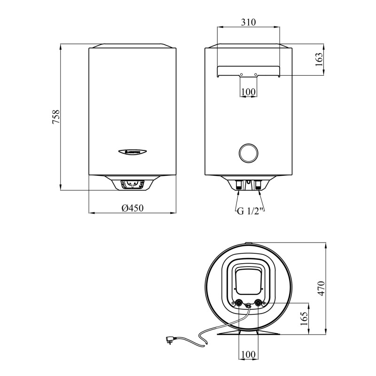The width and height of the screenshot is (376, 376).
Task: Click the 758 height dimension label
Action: click(x=55, y=117)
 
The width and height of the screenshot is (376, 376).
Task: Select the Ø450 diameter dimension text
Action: click(x=132, y=208)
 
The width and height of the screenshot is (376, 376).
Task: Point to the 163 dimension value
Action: click(x=319, y=60)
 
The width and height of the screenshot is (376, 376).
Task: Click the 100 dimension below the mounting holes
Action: click(x=248, y=92)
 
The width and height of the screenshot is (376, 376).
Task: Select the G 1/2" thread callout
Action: click(x=249, y=211)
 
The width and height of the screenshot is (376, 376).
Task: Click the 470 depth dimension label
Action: click(x=321, y=288)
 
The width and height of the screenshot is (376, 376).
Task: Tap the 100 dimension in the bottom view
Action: click(x=248, y=353)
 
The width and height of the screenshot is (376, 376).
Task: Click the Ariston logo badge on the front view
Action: click(x=132, y=151)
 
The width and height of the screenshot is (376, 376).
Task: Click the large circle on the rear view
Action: click(x=248, y=153)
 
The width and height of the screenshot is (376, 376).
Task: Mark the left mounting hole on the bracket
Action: click(x=241, y=75)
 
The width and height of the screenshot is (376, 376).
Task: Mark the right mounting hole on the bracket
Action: click(x=256, y=75)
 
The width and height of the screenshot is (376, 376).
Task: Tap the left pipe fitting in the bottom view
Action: click(x=240, y=303)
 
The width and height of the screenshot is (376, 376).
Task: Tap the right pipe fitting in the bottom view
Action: click(x=258, y=303)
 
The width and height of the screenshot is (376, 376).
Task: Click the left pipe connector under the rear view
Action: click(x=239, y=185)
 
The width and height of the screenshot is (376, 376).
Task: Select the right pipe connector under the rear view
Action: click(x=258, y=185)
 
